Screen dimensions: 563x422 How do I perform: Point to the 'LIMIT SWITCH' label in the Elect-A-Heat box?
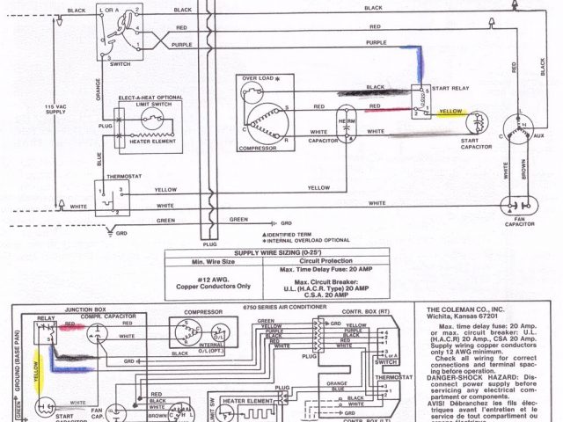click(149, 104)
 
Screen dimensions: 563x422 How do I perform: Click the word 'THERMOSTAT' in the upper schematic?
click(123, 177)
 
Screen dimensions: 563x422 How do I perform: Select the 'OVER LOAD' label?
click(255, 79)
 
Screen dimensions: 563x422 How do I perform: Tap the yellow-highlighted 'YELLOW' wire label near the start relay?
click(450, 112)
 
